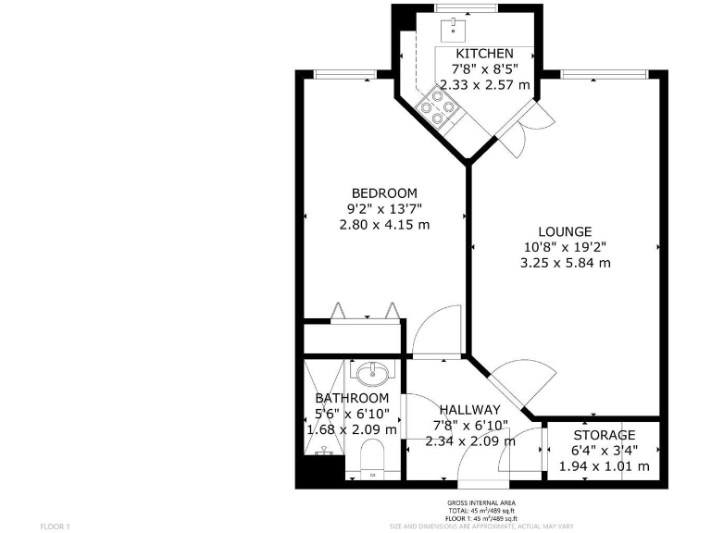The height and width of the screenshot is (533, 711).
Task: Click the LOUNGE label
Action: point(565,231)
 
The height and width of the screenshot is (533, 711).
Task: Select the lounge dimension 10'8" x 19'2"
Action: point(565,247)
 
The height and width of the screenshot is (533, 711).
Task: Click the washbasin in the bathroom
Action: point(374,374)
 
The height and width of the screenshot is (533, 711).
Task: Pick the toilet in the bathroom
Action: point(373,456)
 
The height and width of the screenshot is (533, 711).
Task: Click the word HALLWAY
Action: point(469,409)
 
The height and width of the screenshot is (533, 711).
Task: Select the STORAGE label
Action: point(604,435)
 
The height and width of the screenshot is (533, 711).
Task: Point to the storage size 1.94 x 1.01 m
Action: point(604,465)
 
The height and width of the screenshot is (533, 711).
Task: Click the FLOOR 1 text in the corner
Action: point(56,526)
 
